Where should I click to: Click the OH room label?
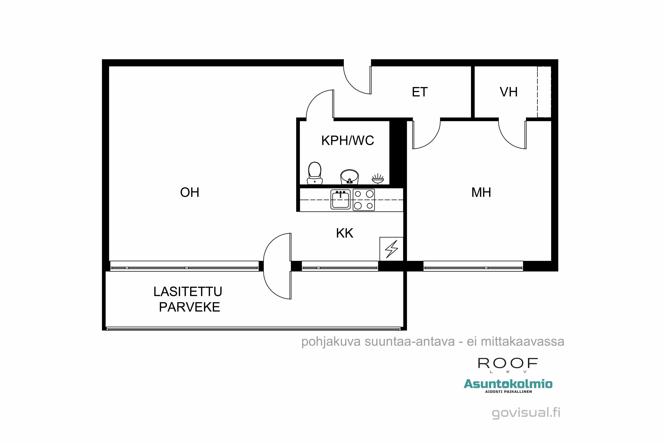[189, 192]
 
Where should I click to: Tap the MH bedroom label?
[481, 192]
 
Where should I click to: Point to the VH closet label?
[508, 92]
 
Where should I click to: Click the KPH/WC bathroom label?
[347, 140]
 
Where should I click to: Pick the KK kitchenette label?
[344, 233]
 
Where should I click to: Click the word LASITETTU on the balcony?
[188, 291]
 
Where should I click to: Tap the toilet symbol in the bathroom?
[315, 173]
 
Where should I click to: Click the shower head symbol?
[377, 179]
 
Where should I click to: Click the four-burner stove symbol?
[364, 200]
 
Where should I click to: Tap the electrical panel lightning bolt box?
[391, 249]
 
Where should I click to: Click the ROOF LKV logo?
[508, 364]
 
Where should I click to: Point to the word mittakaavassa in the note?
[522, 342]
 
